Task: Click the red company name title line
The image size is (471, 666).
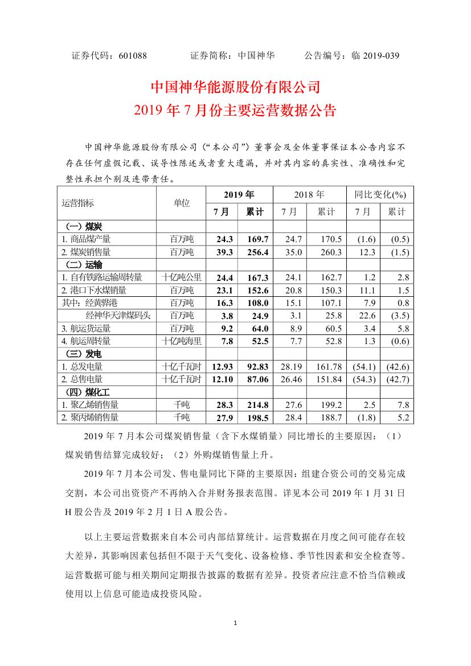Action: coord(235,87)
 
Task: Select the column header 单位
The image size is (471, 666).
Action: coord(182,203)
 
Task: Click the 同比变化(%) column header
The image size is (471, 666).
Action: coord(380,194)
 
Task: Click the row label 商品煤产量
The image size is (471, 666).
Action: coord(86,239)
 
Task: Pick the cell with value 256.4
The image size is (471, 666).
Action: coord(256,251)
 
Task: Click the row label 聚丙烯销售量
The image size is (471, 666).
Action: coord(90,417)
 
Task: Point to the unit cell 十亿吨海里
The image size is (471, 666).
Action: coord(182,341)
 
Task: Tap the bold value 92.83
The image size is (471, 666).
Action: coord(256,366)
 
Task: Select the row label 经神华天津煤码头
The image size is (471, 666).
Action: coord(118,315)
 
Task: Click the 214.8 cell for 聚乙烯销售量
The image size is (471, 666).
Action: coord(256,404)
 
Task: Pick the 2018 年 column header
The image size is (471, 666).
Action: coord(309,194)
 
